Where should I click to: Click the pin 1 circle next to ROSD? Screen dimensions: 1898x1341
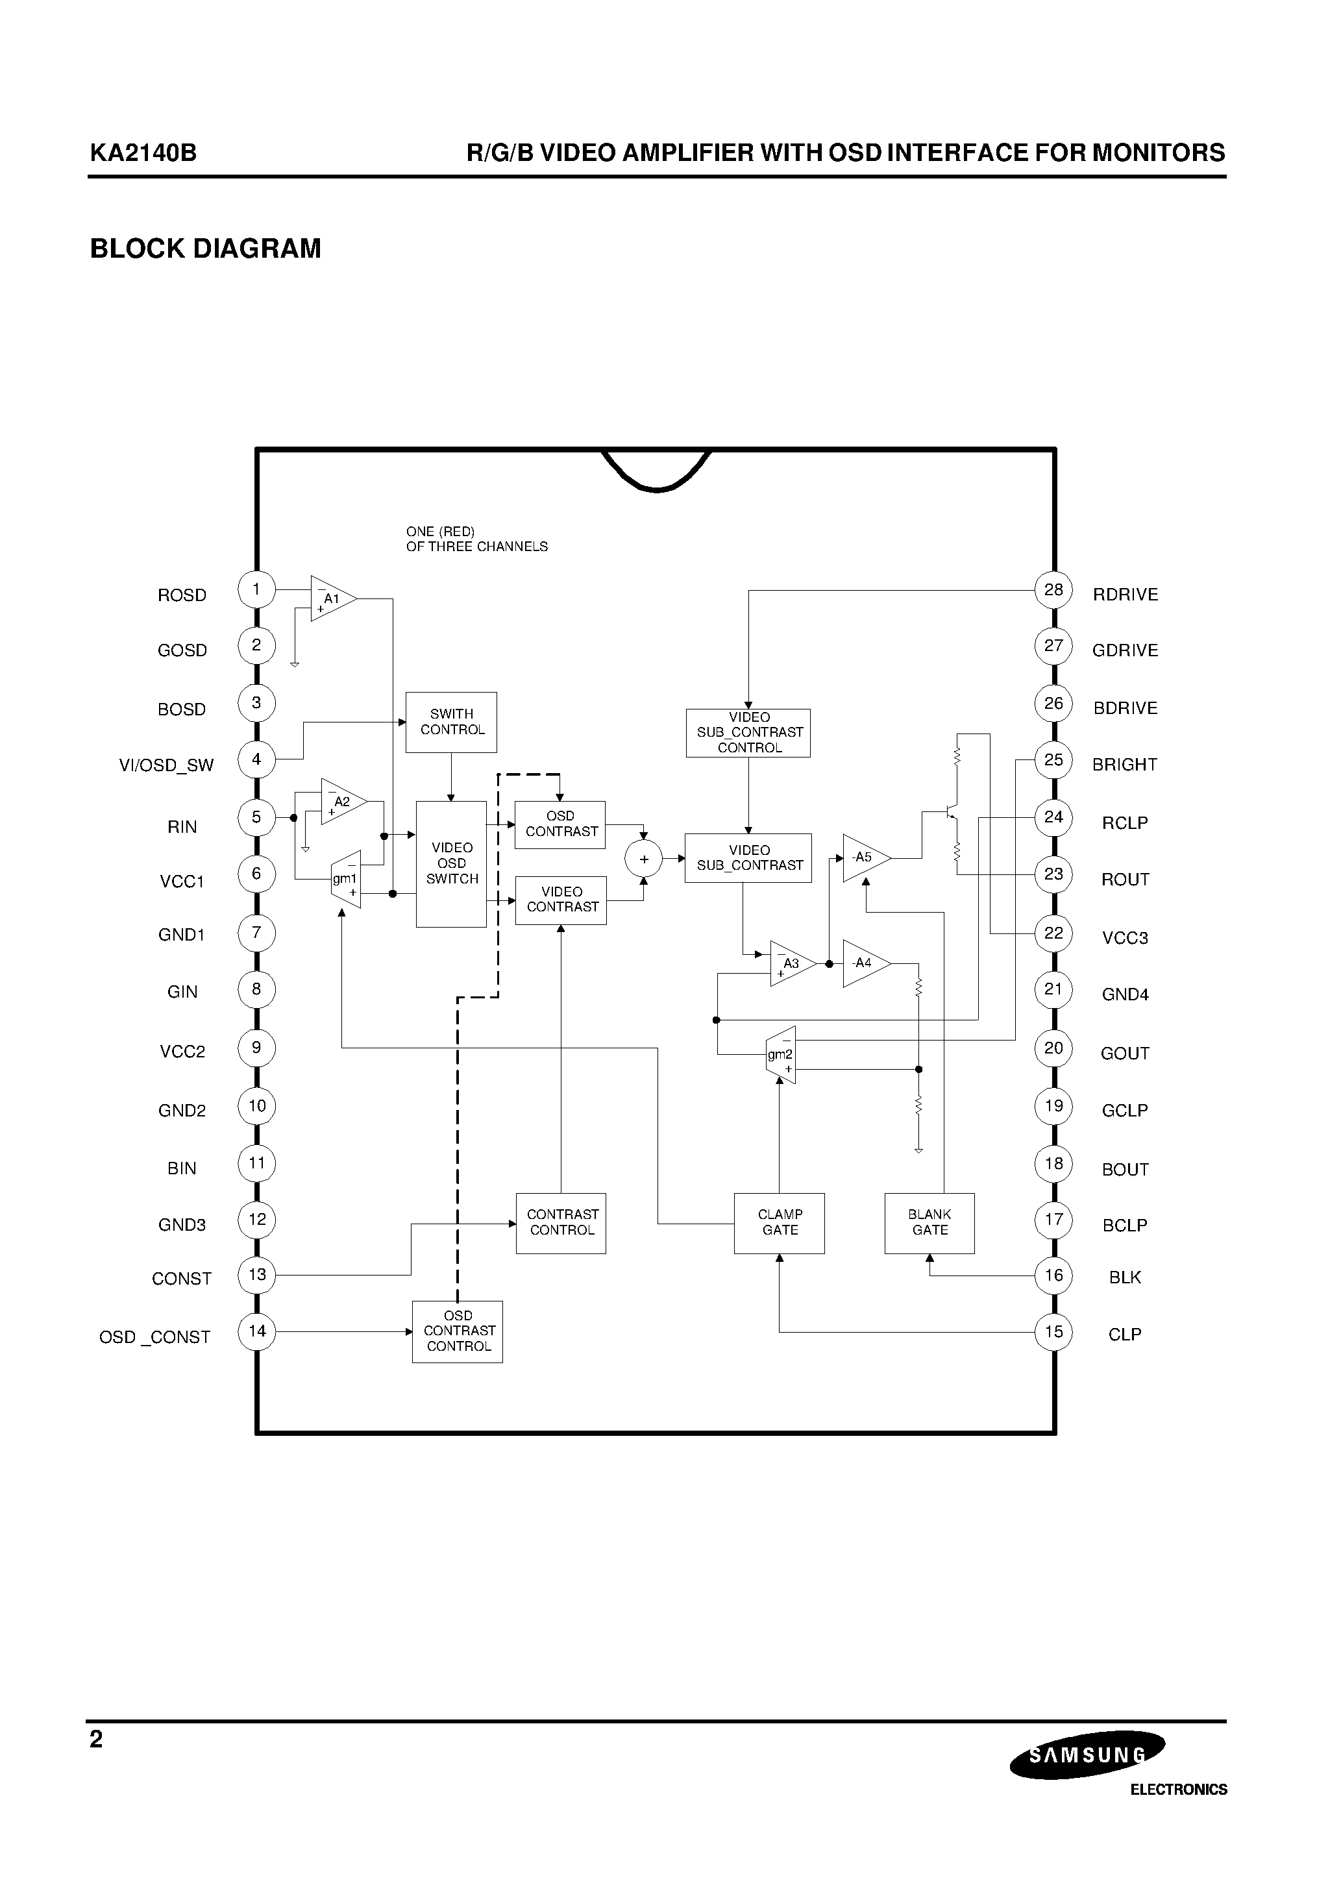pos(256,589)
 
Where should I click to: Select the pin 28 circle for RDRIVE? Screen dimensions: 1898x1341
pos(1053,590)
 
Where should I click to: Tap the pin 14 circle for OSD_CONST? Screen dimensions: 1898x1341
pos(257,1331)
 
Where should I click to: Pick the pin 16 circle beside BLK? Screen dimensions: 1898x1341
pos(1053,1276)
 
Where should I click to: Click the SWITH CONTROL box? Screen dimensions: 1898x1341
pos(451,722)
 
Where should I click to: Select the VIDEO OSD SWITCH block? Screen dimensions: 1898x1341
pos(451,863)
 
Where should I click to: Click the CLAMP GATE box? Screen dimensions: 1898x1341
pos(780,1223)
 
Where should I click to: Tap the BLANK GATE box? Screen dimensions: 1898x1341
pos(929,1223)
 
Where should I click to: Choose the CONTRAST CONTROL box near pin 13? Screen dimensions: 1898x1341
pos(561,1223)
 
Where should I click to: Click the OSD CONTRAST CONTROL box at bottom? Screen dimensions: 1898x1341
pos(458,1331)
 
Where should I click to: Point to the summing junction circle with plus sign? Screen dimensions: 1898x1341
pos(644,859)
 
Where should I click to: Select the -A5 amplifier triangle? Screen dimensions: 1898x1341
pos(864,858)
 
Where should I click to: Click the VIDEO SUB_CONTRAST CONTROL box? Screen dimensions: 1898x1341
pos(749,732)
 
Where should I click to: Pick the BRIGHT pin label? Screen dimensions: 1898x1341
pos(1124,765)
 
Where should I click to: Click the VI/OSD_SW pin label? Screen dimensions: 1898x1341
pos(166,765)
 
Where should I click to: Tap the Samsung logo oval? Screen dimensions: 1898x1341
pos(1087,1754)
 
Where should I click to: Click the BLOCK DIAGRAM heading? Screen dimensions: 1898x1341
pos(205,249)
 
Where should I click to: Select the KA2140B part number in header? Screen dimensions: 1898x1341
pos(143,153)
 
